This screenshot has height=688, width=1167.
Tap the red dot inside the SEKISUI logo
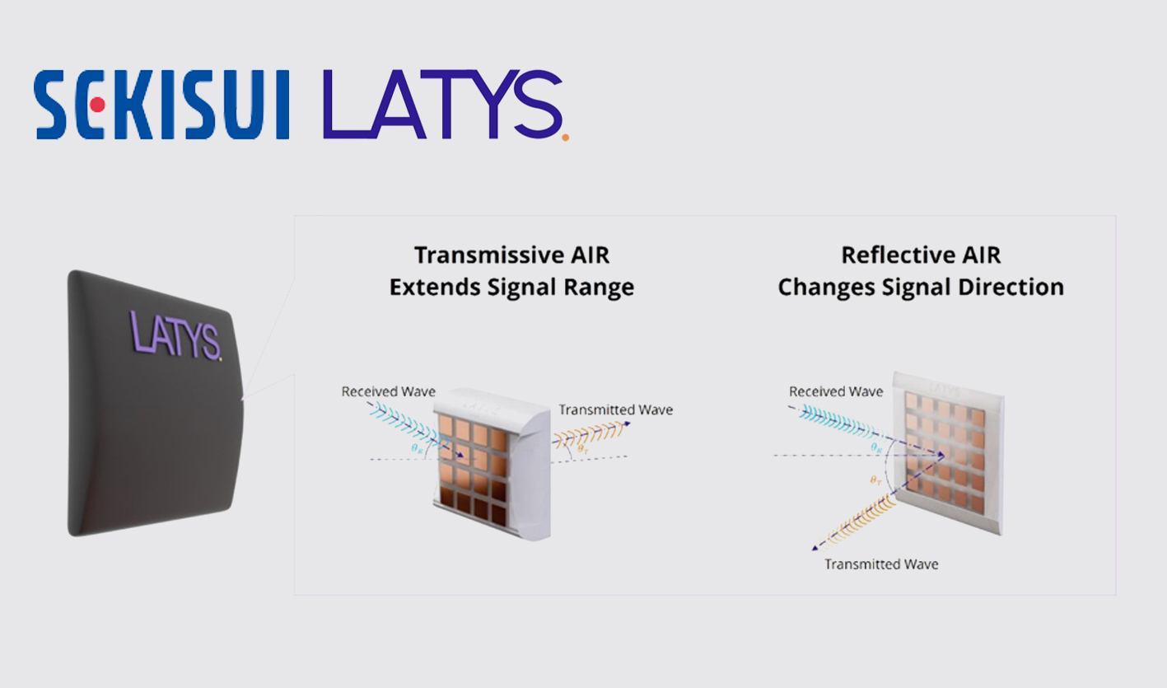97,105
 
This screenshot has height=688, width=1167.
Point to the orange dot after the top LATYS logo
565,137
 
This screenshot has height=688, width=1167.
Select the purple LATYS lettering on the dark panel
175,333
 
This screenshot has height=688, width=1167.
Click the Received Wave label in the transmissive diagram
388,391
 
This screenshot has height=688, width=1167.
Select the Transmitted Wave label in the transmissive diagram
615,410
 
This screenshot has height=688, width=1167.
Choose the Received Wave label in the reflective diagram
835,391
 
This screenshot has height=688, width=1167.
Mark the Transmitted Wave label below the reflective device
881,564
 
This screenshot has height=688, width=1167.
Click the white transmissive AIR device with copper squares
492,466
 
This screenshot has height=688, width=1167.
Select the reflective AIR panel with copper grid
949,457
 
